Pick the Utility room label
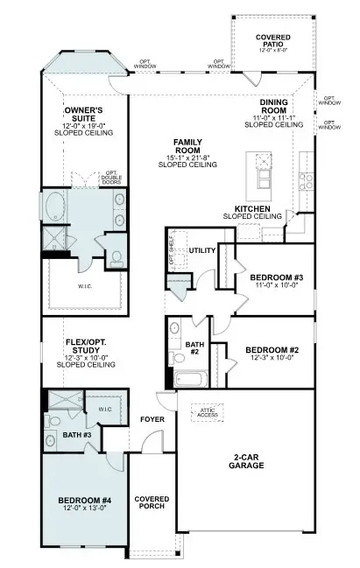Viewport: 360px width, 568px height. point(202,251)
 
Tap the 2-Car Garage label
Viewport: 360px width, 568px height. point(245,461)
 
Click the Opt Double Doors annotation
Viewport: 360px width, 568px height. point(111,179)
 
